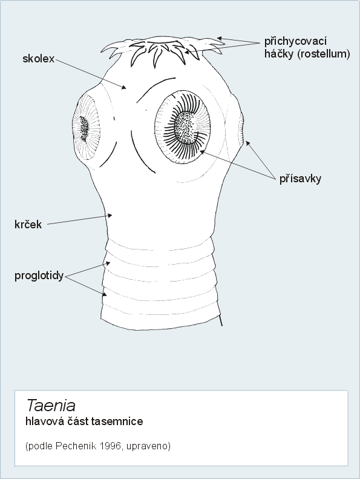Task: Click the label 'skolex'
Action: pos(39,59)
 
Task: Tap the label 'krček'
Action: pos(28,224)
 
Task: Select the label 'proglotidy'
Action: pos(39,276)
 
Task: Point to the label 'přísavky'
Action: pos(301,179)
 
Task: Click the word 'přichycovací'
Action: pos(296,42)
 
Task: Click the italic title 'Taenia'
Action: pos(51,405)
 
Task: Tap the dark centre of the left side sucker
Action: pos(83,128)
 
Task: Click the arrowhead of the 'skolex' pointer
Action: pos(123,88)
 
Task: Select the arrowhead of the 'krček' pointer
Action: pos(110,216)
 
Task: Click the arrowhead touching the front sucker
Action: pos(202,152)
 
